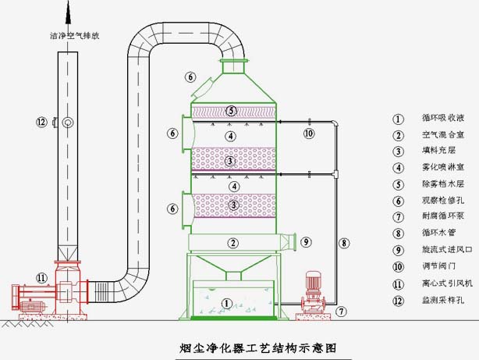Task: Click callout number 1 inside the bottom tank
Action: [227, 302]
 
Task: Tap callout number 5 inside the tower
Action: [230, 110]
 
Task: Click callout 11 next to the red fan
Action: [41, 277]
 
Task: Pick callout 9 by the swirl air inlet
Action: [306, 241]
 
